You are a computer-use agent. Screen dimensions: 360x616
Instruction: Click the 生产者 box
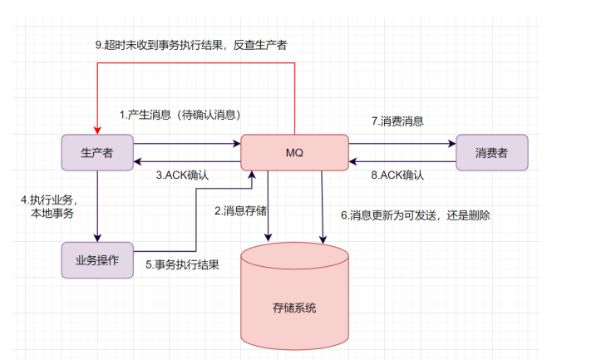click(97, 152)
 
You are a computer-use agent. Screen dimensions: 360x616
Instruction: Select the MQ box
click(294, 152)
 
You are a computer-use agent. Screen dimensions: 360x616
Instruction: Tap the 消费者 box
click(492, 152)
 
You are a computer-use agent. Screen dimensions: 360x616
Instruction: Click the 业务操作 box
click(97, 259)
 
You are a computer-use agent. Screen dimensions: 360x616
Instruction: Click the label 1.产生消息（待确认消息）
click(185, 115)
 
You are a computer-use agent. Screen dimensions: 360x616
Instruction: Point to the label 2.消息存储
click(240, 211)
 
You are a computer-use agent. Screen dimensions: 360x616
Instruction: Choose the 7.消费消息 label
click(397, 121)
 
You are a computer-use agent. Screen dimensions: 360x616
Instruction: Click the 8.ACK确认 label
click(397, 175)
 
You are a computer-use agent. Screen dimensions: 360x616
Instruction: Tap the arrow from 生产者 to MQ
click(187, 143)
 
